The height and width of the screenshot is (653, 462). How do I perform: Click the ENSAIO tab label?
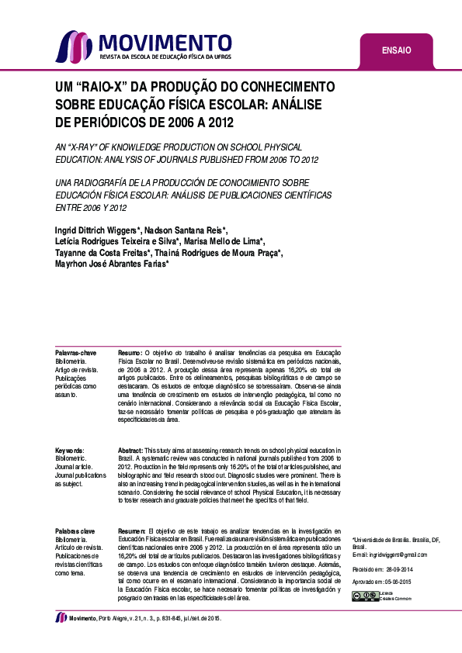[x=396, y=51]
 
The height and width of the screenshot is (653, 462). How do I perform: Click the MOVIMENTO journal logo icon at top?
[x=69, y=46]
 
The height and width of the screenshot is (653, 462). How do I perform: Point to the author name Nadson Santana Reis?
[x=189, y=230]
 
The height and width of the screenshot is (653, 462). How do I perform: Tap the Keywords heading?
[x=70, y=451]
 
